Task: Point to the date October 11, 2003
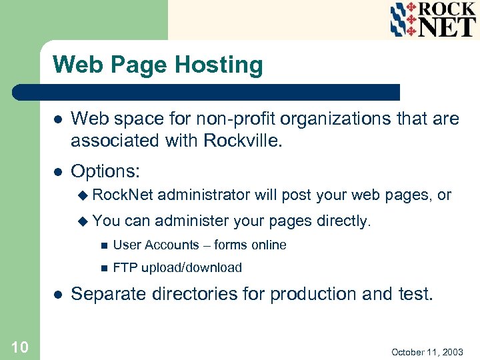click(427, 351)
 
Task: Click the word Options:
click(105, 171)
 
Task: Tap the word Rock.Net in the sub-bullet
click(123, 195)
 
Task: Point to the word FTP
click(125, 268)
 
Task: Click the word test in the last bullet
click(414, 294)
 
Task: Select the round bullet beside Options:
click(58, 172)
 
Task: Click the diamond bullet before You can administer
click(83, 221)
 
